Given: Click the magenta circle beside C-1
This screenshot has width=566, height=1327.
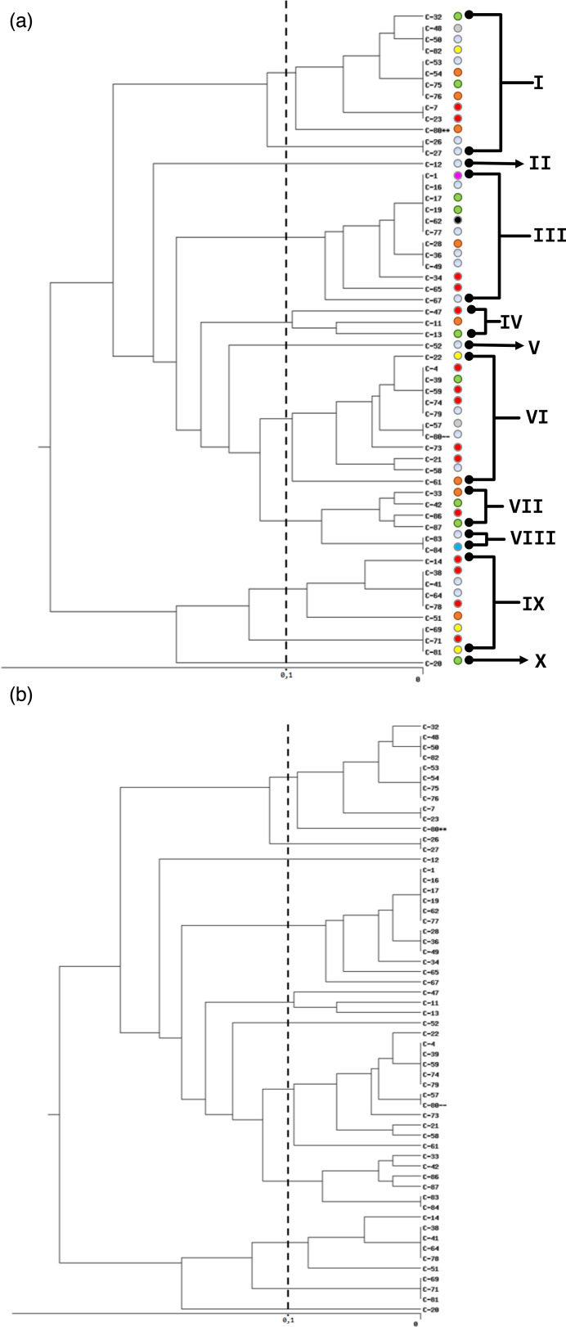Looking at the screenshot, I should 458,176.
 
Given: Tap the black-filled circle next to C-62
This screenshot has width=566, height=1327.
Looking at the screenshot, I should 458,221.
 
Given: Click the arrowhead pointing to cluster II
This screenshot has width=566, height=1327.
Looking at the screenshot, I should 517,164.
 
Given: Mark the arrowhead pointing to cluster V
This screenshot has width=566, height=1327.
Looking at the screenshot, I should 518,346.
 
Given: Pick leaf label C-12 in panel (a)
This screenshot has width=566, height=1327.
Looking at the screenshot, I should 433,164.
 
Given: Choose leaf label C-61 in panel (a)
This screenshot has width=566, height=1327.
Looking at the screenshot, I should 433,482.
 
